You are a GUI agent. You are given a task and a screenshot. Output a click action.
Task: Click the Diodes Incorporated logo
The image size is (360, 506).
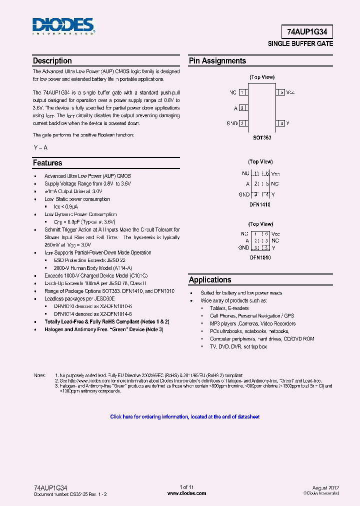click(x=63, y=26)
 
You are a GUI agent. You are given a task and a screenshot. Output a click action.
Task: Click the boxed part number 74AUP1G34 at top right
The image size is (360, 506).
click(x=307, y=31)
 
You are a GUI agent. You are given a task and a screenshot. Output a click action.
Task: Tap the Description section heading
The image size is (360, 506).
click(x=52, y=61)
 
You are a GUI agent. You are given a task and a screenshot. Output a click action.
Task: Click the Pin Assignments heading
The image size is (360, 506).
click(x=217, y=61)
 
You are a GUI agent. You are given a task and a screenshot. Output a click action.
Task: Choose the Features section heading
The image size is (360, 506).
click(x=47, y=163)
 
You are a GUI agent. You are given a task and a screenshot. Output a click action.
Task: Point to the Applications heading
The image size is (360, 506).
click(x=210, y=280)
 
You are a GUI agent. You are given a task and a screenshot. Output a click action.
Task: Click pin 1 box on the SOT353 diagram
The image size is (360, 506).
click(x=242, y=92)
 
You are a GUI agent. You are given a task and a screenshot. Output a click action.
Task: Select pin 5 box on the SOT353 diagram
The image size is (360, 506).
click(x=282, y=92)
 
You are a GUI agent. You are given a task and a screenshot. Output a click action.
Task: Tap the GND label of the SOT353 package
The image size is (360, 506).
click(x=232, y=123)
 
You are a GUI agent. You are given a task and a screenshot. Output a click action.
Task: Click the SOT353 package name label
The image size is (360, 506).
click(x=262, y=137)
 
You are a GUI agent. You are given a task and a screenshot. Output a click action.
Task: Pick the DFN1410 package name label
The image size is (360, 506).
click(x=260, y=204)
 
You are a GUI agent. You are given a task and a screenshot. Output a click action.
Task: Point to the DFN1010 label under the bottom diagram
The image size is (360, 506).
click(x=260, y=257)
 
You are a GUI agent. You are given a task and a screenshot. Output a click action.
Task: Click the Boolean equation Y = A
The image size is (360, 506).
click(x=40, y=147)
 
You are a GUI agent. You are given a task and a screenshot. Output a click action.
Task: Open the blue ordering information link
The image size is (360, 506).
click(x=184, y=416)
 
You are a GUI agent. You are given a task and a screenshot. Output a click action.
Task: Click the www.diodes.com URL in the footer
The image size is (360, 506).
click(x=186, y=493)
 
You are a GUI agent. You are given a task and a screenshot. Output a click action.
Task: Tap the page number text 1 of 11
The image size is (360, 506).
click(x=186, y=487)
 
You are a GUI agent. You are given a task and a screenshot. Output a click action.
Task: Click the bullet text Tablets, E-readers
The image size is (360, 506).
click(x=229, y=308)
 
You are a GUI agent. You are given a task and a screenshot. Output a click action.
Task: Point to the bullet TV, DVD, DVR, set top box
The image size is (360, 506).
click(x=238, y=346)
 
